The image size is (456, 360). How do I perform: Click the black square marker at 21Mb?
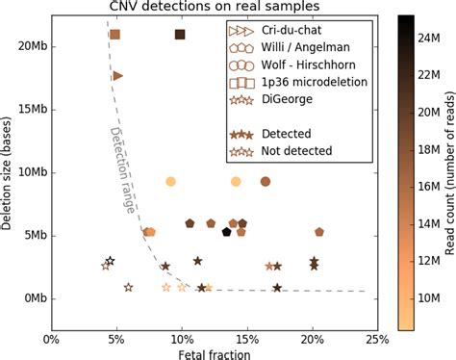point(180,35)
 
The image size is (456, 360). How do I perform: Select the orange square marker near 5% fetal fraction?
point(115,35)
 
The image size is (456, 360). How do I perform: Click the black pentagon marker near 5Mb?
point(227,232)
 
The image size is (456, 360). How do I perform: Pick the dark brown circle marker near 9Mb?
point(266,181)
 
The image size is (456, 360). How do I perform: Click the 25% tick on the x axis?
point(376,324)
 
